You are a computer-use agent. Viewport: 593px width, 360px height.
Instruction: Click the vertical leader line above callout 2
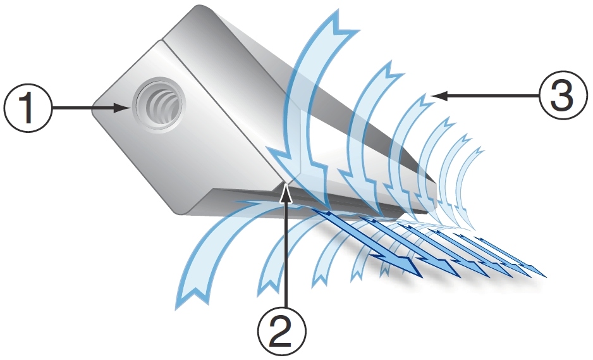(x=286, y=253)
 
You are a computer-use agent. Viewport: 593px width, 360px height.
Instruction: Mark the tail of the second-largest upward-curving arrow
(x=269, y=285)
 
